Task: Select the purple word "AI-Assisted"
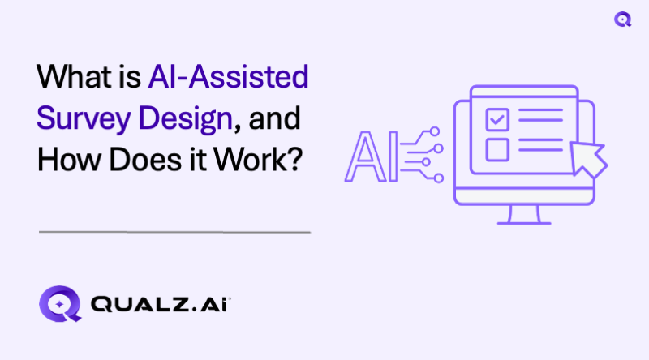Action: click(x=228, y=79)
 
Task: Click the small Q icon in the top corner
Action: click(x=623, y=19)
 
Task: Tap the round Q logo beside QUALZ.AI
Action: click(x=60, y=305)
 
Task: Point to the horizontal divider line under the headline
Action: click(x=174, y=232)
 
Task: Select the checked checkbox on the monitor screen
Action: click(x=496, y=119)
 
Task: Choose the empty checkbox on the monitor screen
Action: click(x=496, y=149)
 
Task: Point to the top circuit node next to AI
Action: click(x=436, y=130)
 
